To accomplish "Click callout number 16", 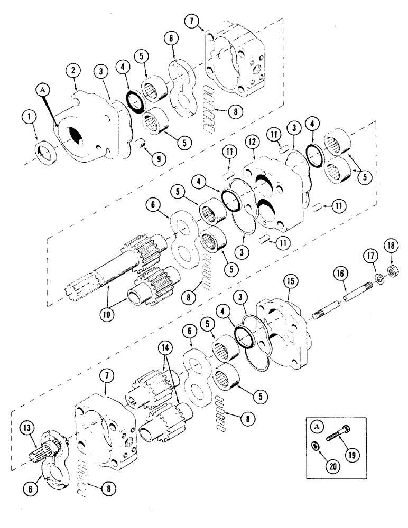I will pyautogui.click(x=341, y=274).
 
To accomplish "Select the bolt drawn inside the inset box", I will pyautogui.click(x=339, y=438).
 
